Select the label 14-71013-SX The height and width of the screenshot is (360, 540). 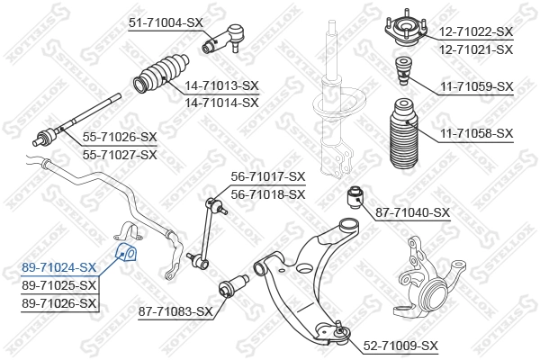[221, 85]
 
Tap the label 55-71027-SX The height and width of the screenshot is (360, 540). [120, 154]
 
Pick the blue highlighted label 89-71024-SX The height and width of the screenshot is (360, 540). [58, 267]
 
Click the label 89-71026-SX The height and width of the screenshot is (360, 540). [58, 303]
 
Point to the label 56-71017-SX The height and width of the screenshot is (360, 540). [268, 176]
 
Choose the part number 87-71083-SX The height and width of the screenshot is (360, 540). [175, 311]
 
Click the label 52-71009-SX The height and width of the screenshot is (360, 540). [400, 346]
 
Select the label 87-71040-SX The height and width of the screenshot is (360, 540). [412, 212]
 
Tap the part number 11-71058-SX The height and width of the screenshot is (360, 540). [475, 133]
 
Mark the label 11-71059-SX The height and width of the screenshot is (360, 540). [475, 86]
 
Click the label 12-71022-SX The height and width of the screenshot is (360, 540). [475, 31]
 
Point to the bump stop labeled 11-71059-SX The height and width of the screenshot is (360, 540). [405, 69]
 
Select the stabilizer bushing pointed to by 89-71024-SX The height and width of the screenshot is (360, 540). [126, 249]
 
